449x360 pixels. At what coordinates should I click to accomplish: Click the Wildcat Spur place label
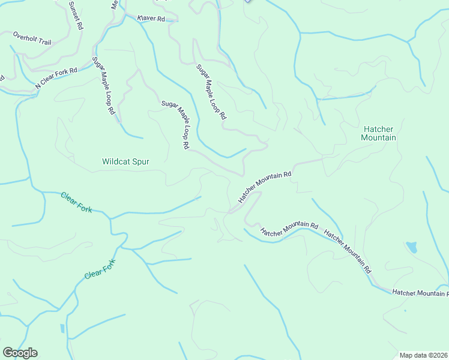click(125, 161)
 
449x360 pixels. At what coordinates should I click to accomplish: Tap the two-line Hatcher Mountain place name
click(378, 133)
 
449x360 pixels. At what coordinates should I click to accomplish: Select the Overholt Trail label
click(32, 38)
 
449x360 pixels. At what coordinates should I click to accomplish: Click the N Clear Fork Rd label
click(56, 79)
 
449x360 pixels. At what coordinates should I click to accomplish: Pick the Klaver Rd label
click(151, 19)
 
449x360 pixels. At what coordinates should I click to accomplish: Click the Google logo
click(20, 353)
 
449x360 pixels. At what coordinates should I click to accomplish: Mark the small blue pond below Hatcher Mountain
click(411, 247)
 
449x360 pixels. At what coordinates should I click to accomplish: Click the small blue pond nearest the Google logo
click(62, 328)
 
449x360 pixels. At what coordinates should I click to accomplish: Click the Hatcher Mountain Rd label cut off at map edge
click(420, 292)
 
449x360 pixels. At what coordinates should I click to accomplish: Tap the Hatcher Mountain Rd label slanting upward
click(265, 187)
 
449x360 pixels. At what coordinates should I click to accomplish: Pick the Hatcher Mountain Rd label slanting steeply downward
click(348, 251)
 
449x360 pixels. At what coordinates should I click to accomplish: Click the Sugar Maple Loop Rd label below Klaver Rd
click(211, 91)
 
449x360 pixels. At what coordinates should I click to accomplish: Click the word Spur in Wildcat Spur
click(140, 161)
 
